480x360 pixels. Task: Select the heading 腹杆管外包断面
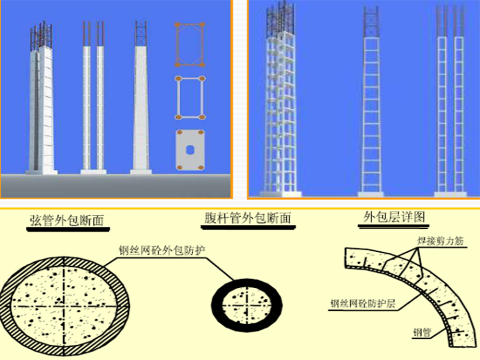coord(247,219)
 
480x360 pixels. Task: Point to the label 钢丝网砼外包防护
coord(165,249)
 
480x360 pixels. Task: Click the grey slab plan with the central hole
coord(189,149)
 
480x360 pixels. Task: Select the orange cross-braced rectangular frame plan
coord(189,44)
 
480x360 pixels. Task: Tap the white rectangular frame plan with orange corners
coord(189,97)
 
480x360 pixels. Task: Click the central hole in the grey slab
coord(189,149)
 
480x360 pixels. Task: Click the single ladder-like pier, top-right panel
coord(371,104)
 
